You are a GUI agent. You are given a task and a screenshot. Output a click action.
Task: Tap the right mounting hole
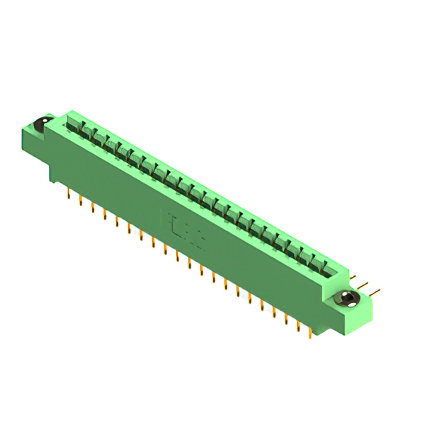[x=347, y=299]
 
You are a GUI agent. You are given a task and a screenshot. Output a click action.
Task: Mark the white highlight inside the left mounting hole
[x=42, y=123]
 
